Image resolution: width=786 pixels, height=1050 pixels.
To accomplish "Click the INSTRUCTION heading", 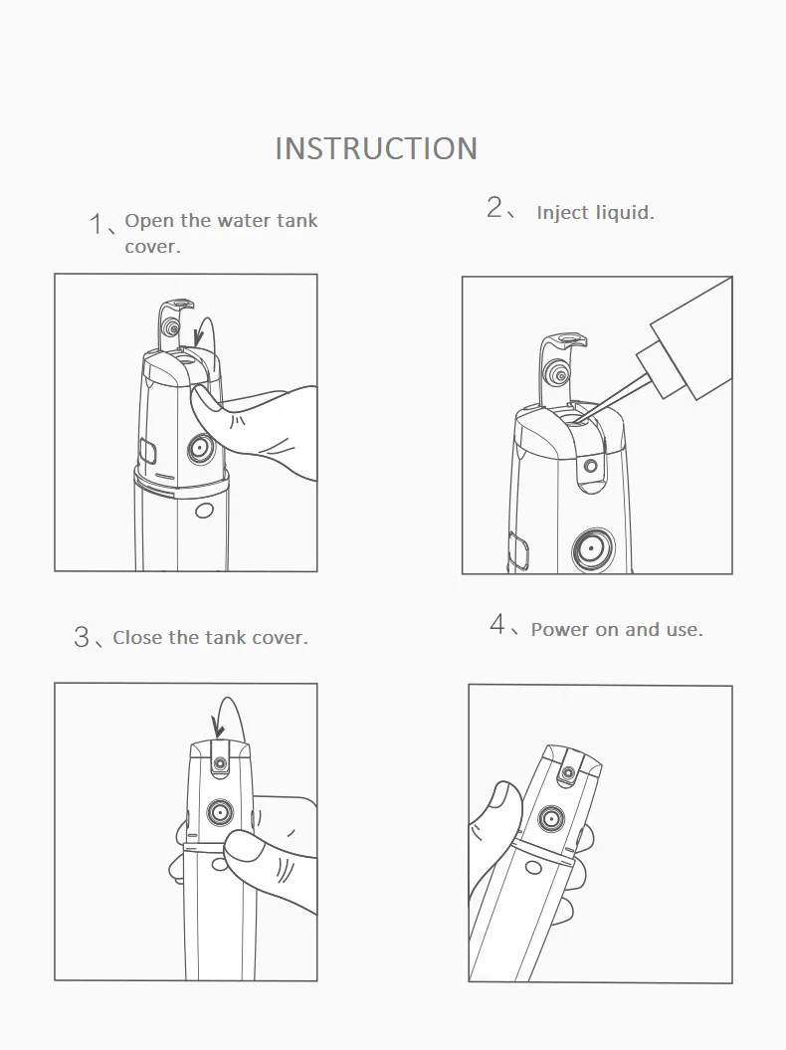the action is click(x=376, y=148).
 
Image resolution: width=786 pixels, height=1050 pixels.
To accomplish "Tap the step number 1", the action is click(x=96, y=223).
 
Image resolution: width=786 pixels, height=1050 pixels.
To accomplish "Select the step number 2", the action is click(x=495, y=208).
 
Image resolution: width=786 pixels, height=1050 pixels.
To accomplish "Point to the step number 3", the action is click(x=82, y=637).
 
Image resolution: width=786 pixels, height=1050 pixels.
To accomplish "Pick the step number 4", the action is click(x=497, y=626).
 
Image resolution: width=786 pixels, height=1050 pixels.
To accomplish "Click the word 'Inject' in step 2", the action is click(x=562, y=213).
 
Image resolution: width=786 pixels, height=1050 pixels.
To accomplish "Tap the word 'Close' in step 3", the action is click(x=140, y=638).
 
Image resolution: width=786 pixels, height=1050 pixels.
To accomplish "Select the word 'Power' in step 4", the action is click(x=561, y=629).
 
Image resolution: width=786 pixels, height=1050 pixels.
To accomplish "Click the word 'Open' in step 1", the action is click(x=149, y=221).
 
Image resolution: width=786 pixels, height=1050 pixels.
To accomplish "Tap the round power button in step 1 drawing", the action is click(x=201, y=449).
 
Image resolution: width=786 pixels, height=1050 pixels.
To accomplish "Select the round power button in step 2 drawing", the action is click(x=591, y=548).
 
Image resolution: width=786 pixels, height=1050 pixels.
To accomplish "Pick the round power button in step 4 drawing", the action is click(x=547, y=819).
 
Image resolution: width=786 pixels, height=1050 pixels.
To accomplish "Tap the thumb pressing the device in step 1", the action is click(x=219, y=408).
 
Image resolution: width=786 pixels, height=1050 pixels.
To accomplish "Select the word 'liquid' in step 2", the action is click(x=624, y=213).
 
